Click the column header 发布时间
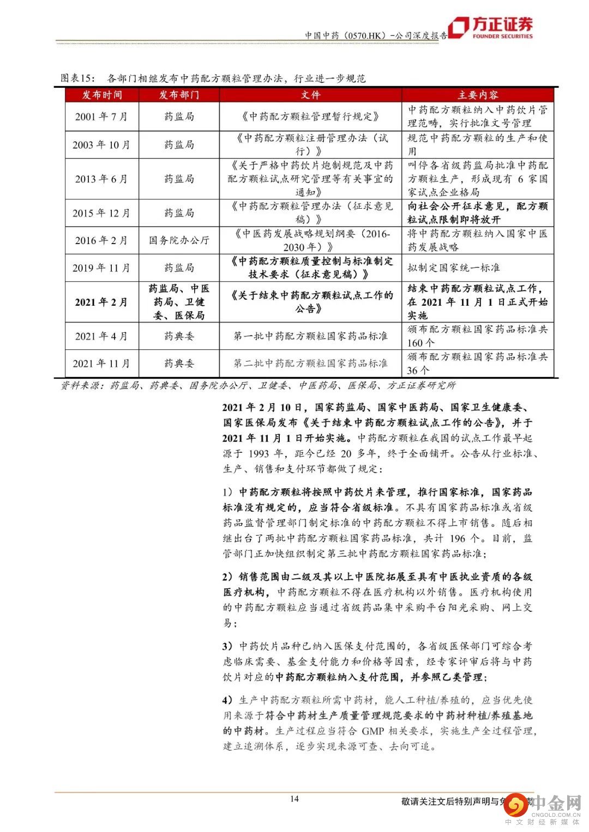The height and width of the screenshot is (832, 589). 102,95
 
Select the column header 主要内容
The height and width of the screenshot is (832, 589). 478,95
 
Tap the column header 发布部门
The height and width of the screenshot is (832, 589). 179,95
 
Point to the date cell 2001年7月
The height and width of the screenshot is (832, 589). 102,117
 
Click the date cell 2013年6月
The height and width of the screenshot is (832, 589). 102,179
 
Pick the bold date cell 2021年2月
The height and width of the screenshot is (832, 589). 102,302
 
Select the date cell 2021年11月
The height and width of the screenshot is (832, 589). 102,363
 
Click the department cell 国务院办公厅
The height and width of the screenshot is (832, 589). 179,240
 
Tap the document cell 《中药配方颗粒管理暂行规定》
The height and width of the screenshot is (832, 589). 310,117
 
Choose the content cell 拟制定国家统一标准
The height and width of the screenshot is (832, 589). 454,268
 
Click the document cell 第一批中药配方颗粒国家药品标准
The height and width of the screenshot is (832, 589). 310,336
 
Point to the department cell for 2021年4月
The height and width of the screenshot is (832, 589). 179,336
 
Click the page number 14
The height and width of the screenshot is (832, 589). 294,799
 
